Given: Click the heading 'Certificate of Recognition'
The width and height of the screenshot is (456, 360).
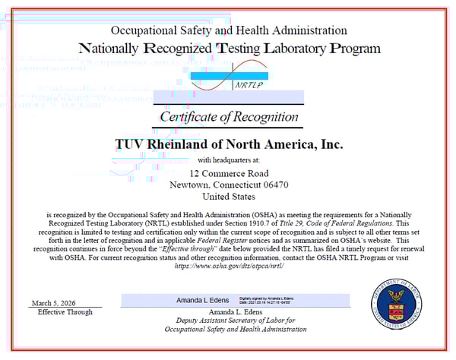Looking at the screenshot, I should [x=229, y=116].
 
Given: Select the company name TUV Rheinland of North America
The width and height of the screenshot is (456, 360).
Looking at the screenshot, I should [x=228, y=144].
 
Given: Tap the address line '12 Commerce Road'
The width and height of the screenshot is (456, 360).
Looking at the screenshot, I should [x=228, y=173].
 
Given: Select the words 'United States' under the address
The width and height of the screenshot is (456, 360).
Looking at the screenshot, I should [x=228, y=196].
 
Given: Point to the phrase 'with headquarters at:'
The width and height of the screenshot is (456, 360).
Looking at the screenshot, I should [x=228, y=160].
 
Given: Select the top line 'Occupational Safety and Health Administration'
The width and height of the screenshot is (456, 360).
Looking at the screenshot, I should [x=229, y=30].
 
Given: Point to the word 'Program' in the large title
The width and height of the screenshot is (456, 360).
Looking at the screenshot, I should [x=353, y=49].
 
